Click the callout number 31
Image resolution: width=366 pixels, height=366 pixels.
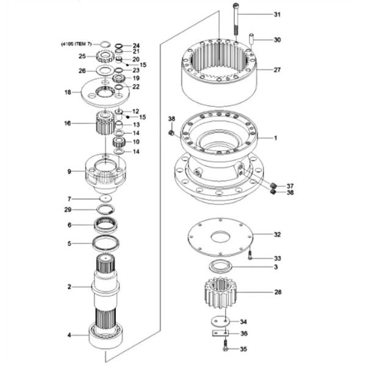pos(277,15)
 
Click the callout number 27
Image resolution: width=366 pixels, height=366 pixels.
pos(277,70)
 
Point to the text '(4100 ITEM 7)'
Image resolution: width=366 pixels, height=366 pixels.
pos(77,44)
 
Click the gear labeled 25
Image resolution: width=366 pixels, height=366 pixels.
pos(105,57)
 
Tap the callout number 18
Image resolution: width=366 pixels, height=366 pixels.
pos(68,93)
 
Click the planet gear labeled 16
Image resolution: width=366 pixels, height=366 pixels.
pos(106,123)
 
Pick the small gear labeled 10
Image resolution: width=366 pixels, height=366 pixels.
pos(119,142)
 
